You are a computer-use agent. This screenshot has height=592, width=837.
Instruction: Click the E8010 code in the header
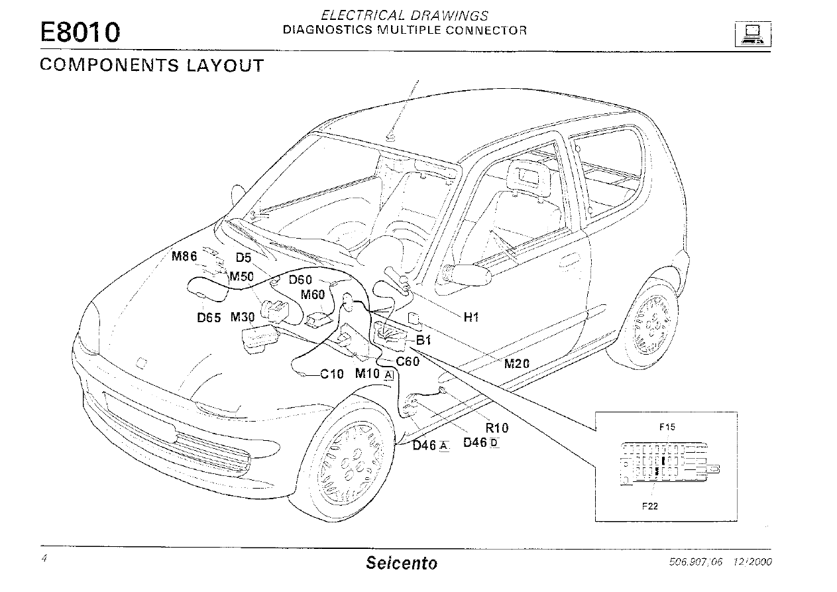pyautogui.click(x=80, y=32)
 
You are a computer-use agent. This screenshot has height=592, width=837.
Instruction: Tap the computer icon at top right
pyautogui.click(x=752, y=33)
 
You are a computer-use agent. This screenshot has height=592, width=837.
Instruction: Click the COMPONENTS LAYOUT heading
pyautogui.click(x=152, y=66)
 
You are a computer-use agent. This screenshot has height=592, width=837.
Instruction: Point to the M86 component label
pyautogui.click(x=184, y=257)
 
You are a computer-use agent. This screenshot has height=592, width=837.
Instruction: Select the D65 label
pyautogui.click(x=209, y=318)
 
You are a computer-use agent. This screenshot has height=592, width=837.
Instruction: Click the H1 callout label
pyautogui.click(x=471, y=318)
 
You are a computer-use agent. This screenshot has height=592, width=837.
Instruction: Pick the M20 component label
pyautogui.click(x=517, y=363)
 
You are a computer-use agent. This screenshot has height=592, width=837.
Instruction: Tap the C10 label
pyautogui.click(x=332, y=374)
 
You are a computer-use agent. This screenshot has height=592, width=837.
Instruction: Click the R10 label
pyautogui.click(x=497, y=428)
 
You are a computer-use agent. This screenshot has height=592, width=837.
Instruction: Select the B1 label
pyautogui.click(x=423, y=341)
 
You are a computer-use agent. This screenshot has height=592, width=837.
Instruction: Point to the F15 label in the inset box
pyautogui.click(x=667, y=428)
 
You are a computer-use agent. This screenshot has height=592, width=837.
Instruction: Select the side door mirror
pyautogui.click(x=468, y=274)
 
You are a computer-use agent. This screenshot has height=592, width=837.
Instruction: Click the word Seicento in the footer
pyautogui.click(x=402, y=564)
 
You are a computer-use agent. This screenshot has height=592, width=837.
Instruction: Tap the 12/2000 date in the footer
pyautogui.click(x=752, y=562)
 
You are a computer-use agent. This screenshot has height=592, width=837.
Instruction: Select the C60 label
pyautogui.click(x=407, y=361)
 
